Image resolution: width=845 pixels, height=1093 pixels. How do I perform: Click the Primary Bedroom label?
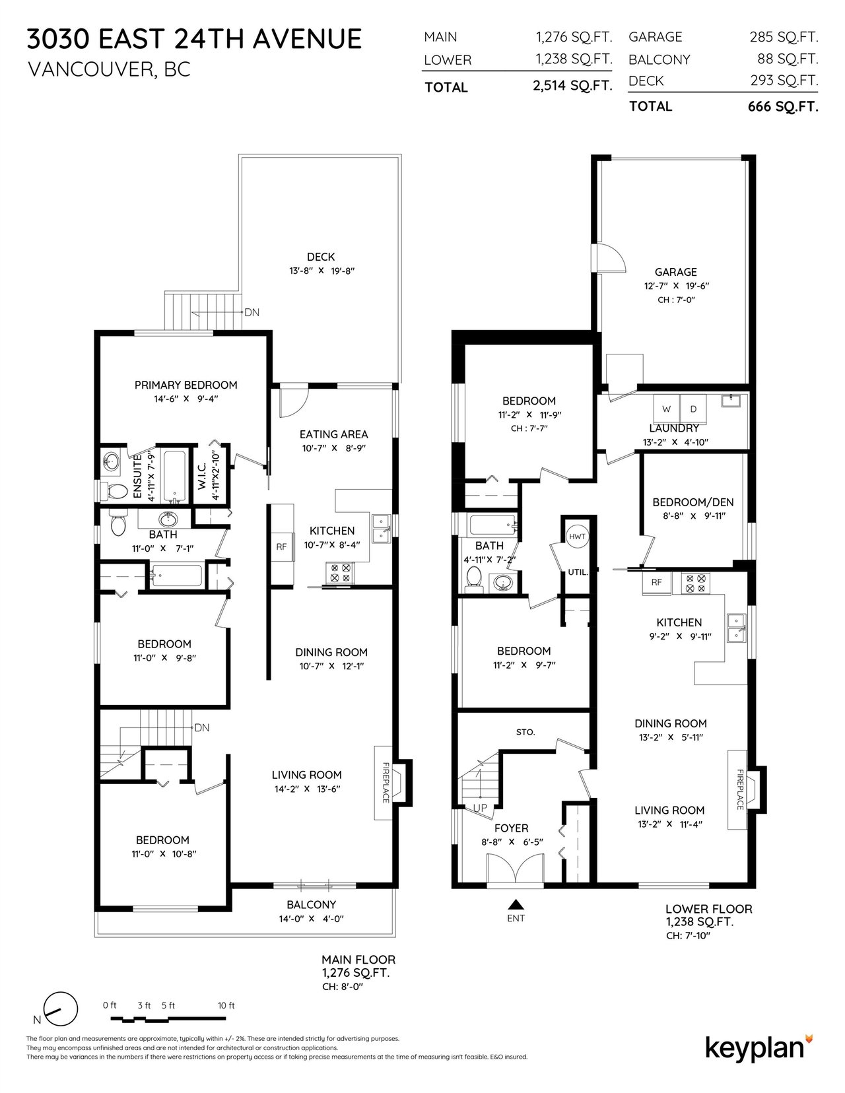click(186, 385)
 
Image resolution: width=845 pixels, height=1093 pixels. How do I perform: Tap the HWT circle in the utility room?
click(577, 536)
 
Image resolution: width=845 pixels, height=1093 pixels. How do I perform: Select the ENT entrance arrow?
click(515, 905)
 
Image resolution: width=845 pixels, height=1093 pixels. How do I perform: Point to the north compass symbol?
click(61, 1009)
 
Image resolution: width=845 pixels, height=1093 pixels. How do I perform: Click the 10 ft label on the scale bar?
click(226, 1005)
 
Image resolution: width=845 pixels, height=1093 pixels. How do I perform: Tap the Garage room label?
click(675, 272)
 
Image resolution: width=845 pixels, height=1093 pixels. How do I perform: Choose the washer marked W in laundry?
click(667, 409)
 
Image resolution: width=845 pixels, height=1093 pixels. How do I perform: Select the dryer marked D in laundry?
click(693, 409)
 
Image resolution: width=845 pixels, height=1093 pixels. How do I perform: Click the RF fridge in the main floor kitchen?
click(282, 546)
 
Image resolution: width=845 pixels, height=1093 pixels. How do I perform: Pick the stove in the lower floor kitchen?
click(696, 583)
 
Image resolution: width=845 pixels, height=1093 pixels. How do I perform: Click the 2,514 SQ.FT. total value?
click(572, 86)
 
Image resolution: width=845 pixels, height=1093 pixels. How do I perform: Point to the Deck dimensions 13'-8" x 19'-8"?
click(322, 271)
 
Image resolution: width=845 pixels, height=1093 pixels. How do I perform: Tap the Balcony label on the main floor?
click(312, 904)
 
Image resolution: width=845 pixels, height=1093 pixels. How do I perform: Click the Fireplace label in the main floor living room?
click(386, 783)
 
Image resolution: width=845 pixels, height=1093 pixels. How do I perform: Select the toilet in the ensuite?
click(115, 492)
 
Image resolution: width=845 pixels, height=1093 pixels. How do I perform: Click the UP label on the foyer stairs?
click(481, 809)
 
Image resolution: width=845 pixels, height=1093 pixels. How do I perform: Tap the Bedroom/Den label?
click(693, 502)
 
